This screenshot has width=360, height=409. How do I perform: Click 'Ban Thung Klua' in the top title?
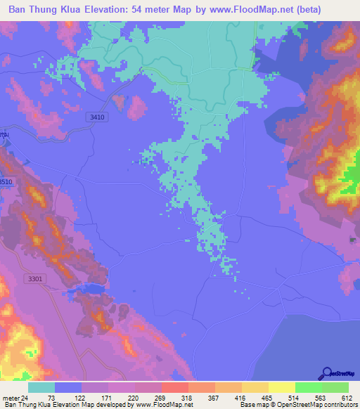[44, 9]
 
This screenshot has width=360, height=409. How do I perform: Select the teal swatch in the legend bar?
[41, 387]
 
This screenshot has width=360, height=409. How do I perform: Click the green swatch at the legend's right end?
[335, 387]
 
